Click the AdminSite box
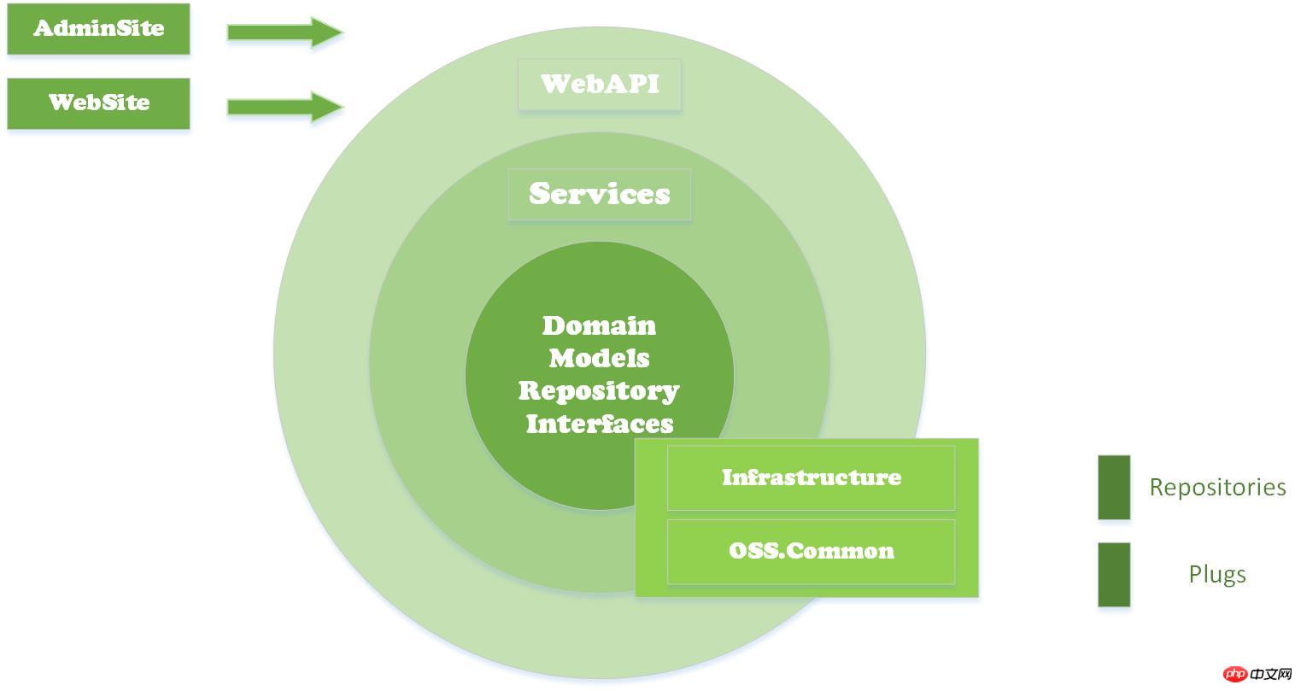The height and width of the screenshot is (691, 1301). tap(99, 29)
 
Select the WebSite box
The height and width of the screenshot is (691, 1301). tap(99, 103)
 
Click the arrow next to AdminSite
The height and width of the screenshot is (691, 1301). tap(285, 32)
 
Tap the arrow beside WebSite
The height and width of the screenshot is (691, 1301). tap(285, 106)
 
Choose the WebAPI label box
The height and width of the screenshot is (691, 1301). tap(600, 85)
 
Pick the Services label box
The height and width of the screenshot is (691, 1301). tap(600, 195)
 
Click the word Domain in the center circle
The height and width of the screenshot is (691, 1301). tap(599, 325)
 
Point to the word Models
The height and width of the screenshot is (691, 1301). tap(599, 358)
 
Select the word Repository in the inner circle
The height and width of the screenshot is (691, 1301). tap(599, 391)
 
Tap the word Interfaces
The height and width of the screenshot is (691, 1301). tap(600, 424)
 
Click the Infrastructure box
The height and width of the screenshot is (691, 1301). tap(811, 478)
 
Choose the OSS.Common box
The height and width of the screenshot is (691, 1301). tap(811, 552)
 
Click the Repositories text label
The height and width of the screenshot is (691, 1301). tap(1217, 487)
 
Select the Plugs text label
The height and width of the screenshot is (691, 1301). tap(1217, 574)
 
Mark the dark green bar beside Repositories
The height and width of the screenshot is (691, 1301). tap(1114, 487)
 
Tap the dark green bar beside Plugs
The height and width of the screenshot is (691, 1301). tap(1114, 574)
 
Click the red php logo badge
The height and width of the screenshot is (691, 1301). tap(1234, 674)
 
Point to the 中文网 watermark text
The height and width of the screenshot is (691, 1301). tap(1271, 674)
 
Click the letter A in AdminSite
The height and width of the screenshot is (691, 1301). tap(44, 28)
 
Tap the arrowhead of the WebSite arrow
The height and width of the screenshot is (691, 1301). tap(327, 106)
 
